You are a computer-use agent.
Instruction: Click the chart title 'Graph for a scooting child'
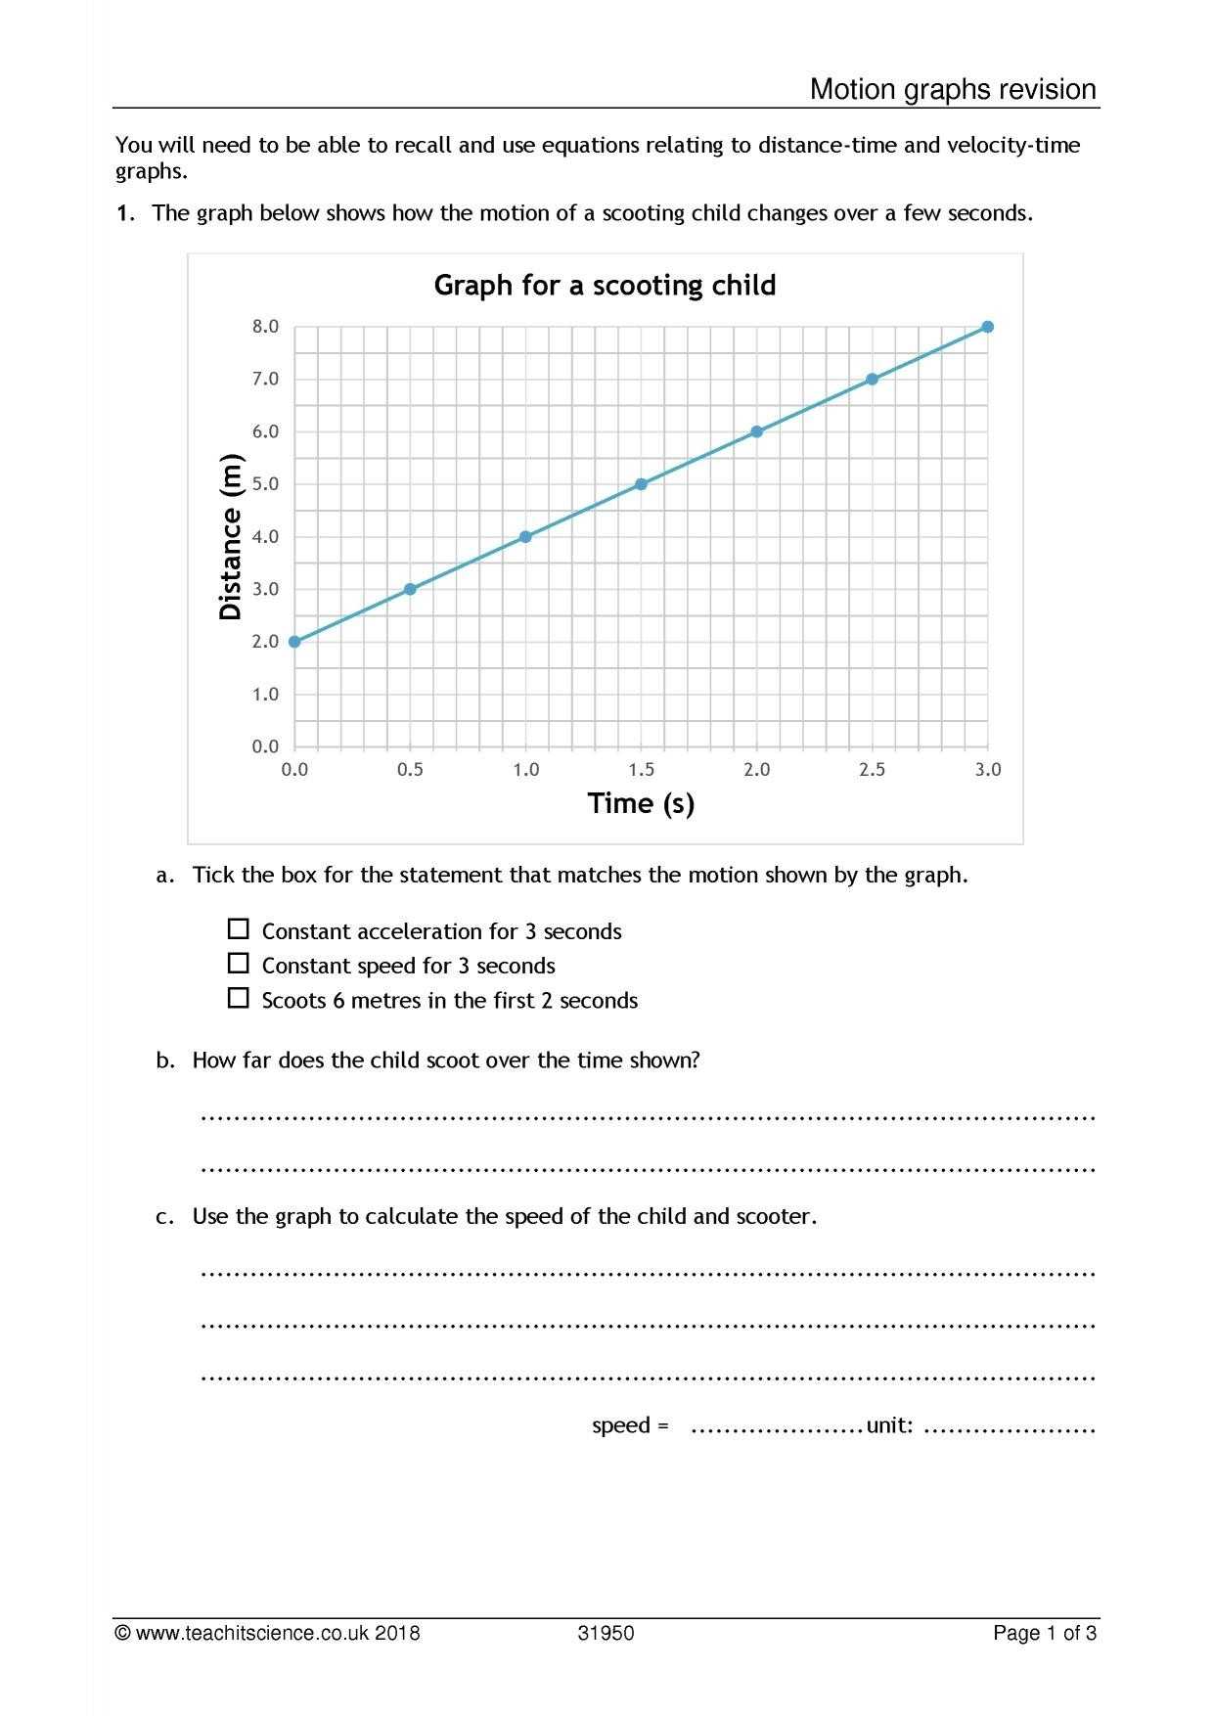(605, 286)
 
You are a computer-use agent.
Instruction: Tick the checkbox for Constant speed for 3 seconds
(238, 964)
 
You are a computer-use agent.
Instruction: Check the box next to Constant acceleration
(238, 929)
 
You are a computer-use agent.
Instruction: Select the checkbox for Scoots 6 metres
(238, 998)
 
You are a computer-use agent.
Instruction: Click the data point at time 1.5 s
(641, 484)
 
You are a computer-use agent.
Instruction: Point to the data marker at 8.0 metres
(987, 327)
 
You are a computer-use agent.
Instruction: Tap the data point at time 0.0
(294, 642)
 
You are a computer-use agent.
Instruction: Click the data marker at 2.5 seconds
(872, 380)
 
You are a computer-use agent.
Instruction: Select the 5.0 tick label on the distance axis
(265, 484)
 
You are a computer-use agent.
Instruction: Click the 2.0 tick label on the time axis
(756, 770)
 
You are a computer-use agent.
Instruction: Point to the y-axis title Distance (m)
(231, 537)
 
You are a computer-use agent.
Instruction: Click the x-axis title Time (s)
(641, 804)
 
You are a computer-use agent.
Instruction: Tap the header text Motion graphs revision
(953, 90)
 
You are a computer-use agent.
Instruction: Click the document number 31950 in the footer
(606, 1633)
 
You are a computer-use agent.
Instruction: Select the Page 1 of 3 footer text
(1044, 1633)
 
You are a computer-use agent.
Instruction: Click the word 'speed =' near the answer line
(630, 1425)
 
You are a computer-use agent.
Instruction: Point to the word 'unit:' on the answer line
(889, 1425)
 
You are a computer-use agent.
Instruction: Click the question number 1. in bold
(124, 214)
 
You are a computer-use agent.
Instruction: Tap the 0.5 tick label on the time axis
(410, 770)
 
